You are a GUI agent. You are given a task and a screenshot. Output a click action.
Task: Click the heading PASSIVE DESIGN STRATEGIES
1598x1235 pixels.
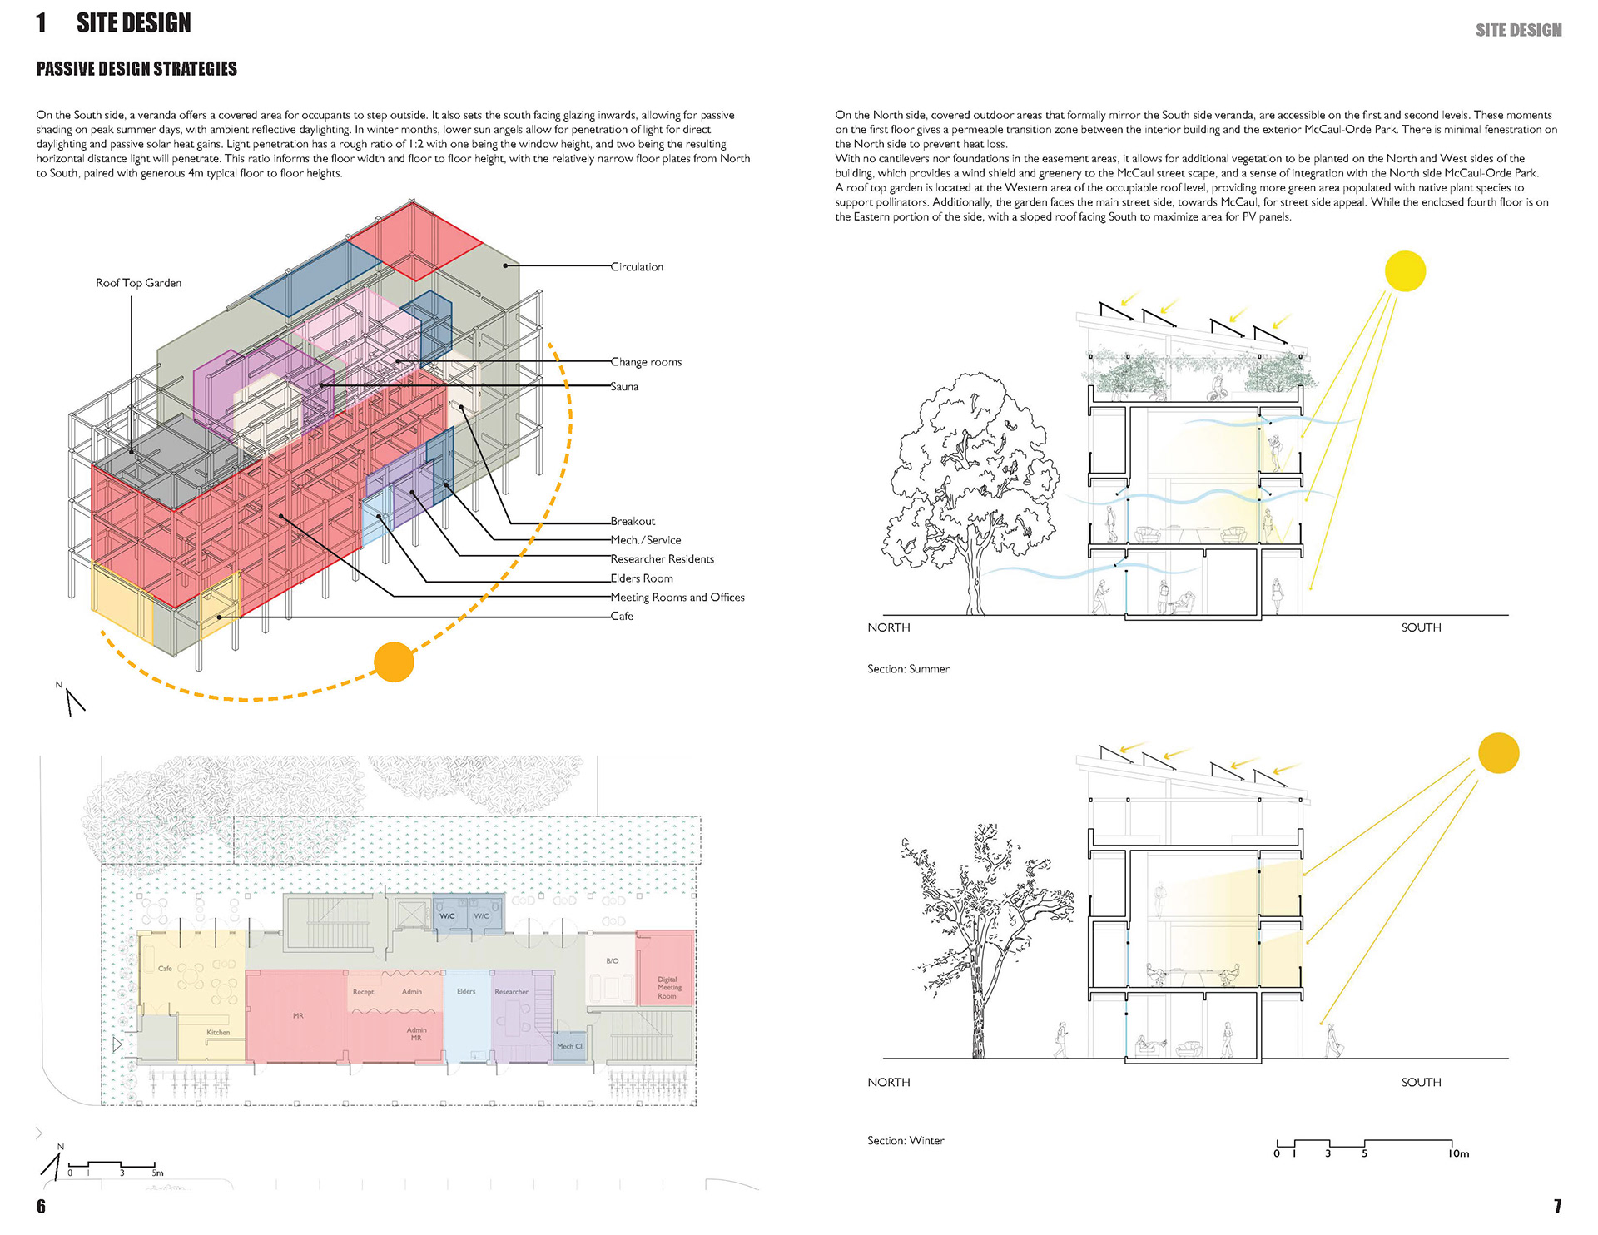point(136,69)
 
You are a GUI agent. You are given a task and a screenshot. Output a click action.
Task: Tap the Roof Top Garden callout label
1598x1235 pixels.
point(138,283)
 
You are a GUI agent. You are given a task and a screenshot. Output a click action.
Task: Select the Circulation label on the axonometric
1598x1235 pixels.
point(637,267)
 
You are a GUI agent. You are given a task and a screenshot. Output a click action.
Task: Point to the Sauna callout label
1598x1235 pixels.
point(624,387)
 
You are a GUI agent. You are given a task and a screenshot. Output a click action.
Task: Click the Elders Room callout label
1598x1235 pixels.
point(641,578)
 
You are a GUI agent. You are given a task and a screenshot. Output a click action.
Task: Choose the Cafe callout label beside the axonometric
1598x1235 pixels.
point(622,617)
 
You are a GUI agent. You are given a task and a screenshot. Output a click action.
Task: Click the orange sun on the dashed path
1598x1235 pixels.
point(394,662)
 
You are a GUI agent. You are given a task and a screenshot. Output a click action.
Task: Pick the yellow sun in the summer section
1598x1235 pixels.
point(1405,271)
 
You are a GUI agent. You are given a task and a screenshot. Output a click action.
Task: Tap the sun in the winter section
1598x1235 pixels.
point(1498,753)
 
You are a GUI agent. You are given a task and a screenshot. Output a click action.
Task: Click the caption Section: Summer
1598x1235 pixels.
point(908,669)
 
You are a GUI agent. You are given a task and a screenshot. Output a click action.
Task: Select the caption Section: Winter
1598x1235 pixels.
point(906,1141)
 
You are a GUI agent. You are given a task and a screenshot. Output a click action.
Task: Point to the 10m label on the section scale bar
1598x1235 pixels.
point(1458,1153)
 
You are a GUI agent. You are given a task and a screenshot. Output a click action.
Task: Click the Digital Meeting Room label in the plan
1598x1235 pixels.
point(667,988)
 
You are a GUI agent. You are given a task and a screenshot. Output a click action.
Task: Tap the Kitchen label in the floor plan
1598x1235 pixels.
point(218,1033)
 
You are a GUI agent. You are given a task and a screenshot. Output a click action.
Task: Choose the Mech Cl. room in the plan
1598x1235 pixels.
point(570,1046)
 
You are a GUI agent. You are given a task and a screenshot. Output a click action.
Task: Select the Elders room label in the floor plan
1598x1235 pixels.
point(466,991)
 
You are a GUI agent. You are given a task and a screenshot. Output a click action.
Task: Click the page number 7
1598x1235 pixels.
point(1557,1207)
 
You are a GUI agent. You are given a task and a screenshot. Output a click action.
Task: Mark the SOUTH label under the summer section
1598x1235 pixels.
point(1421,627)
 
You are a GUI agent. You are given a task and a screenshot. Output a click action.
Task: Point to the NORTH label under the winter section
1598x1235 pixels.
point(889,1083)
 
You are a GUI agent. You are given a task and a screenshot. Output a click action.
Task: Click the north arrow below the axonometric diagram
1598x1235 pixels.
point(73,701)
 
